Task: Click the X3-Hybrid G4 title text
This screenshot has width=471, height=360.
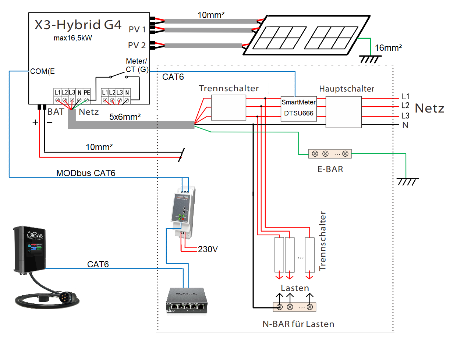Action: [78, 25]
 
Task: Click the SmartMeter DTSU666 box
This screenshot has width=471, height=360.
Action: [298, 108]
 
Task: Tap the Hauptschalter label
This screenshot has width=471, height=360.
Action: [347, 89]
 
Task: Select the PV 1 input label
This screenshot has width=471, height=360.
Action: [137, 29]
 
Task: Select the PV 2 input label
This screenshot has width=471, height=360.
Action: [137, 45]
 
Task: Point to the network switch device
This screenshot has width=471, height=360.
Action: [187, 300]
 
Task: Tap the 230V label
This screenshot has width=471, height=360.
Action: [208, 249]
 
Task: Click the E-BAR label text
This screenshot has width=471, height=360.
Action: [330, 169]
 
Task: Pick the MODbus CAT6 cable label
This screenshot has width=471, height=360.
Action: [86, 173]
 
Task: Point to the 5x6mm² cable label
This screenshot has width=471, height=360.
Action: [125, 117]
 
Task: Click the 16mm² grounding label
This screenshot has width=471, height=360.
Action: [388, 48]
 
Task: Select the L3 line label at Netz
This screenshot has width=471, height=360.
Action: [405, 115]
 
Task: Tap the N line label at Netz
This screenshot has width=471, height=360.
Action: [405, 125]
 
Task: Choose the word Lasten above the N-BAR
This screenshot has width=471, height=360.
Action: [295, 288]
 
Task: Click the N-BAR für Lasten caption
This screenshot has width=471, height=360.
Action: [298, 324]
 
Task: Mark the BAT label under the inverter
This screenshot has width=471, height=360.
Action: [56, 112]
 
